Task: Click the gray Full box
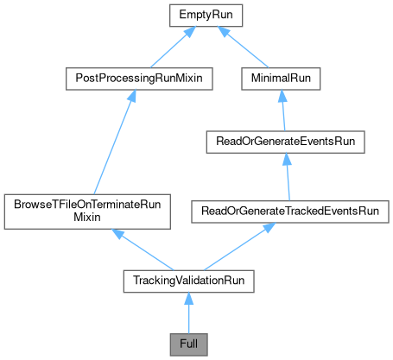pos(188,344)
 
